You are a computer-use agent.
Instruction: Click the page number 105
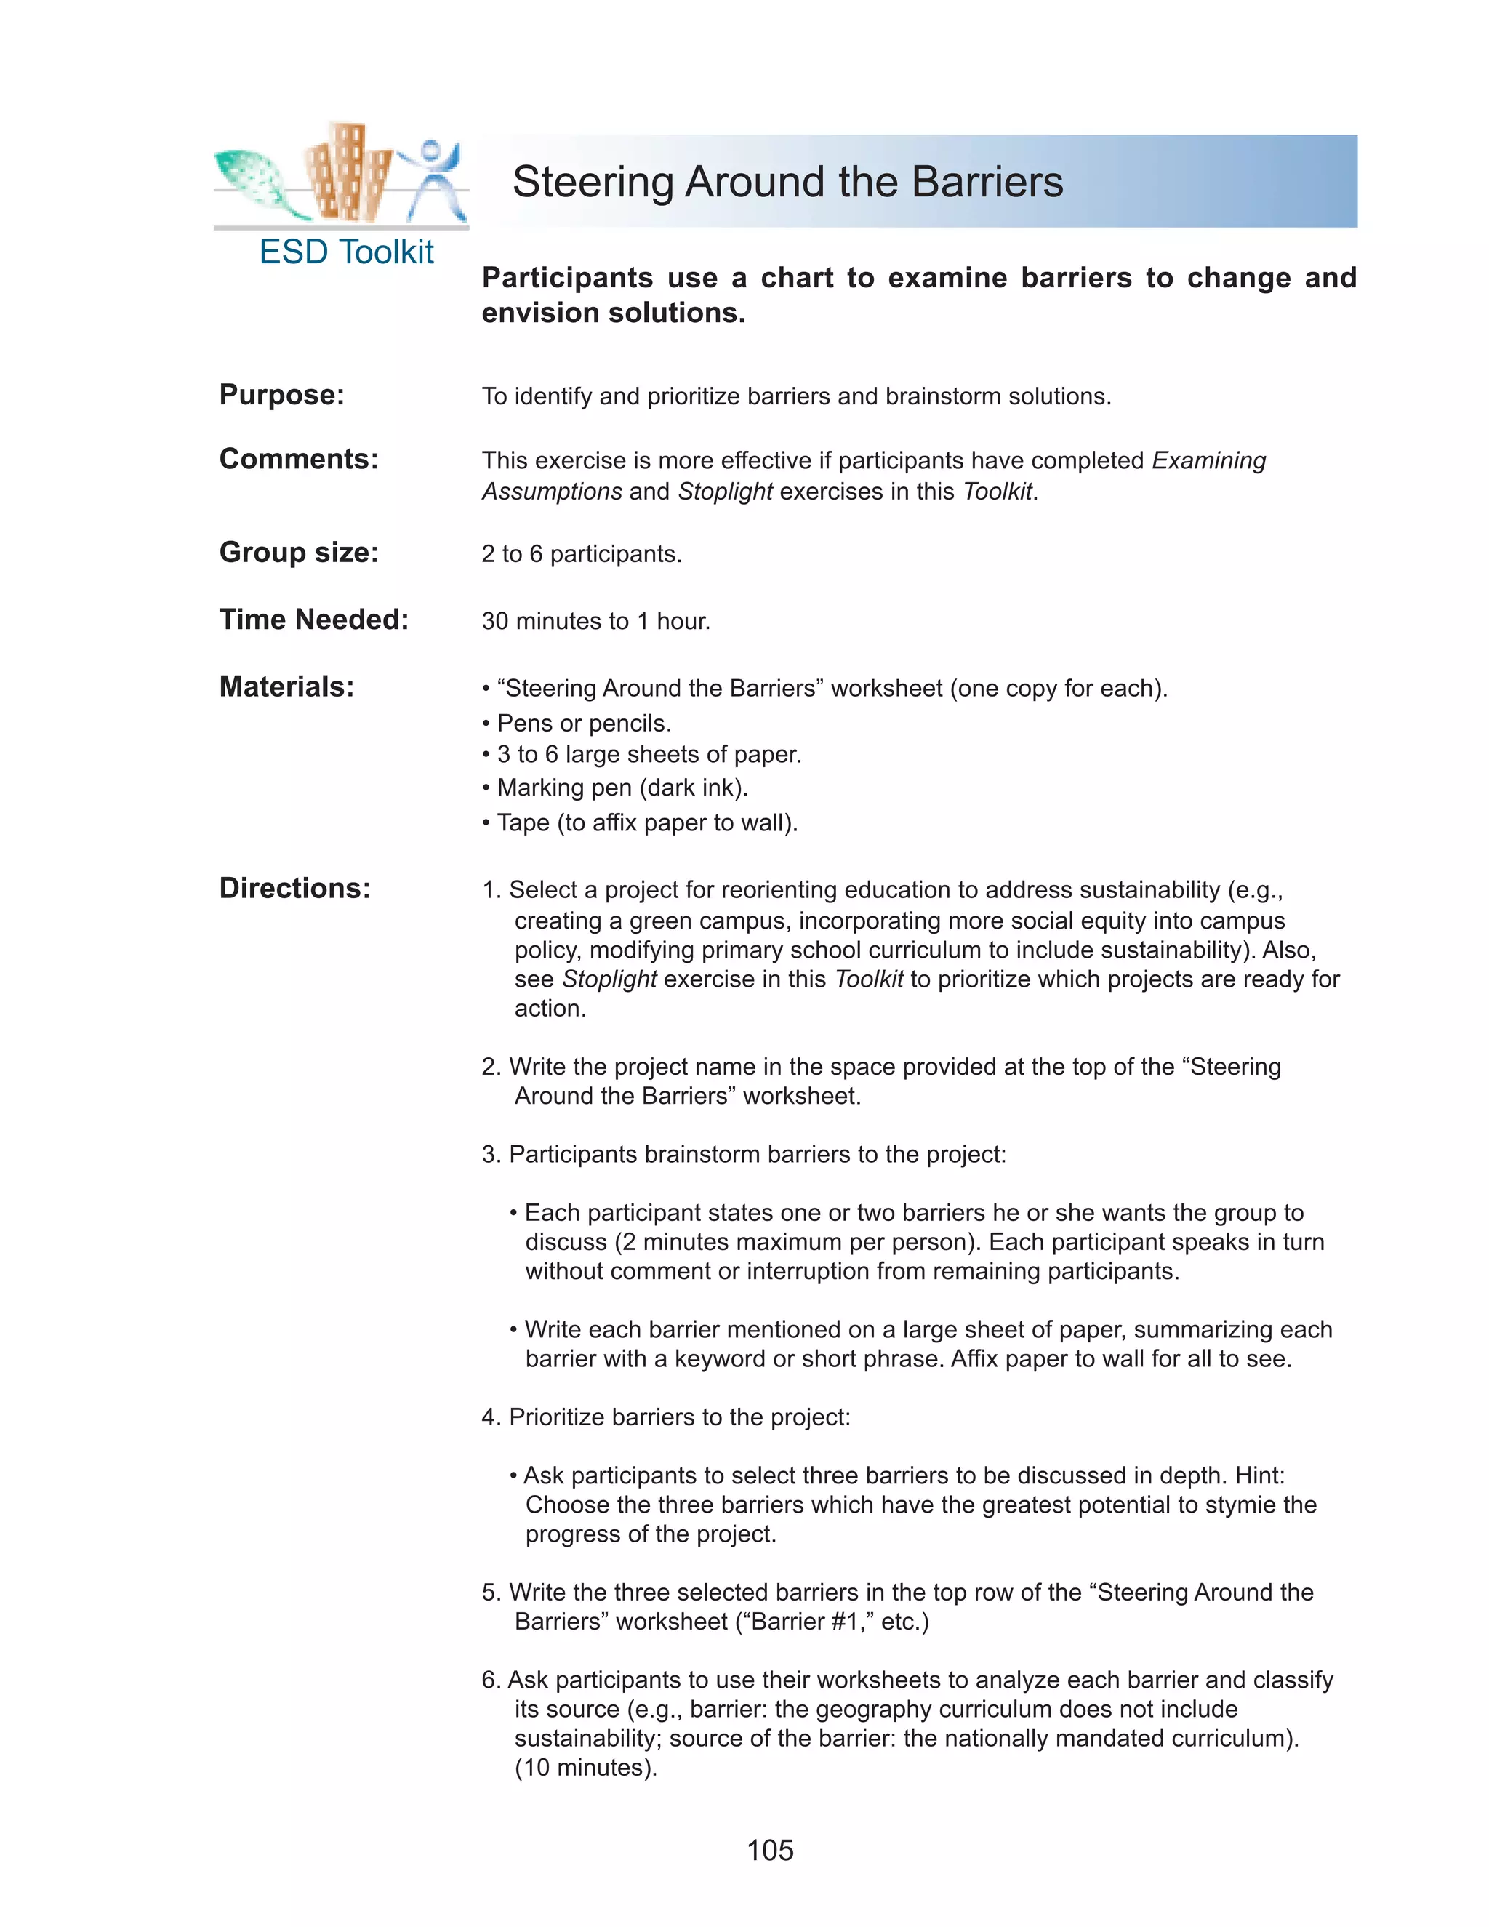point(769,1849)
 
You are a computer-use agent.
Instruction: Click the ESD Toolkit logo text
point(346,252)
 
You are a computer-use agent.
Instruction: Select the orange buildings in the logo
point(348,172)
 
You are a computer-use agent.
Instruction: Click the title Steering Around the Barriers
point(787,182)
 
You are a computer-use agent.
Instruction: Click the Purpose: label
point(281,394)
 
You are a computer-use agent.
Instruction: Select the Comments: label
point(298,459)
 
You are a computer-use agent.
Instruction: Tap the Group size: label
point(298,553)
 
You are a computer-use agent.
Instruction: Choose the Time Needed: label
point(313,620)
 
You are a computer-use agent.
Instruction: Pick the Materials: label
point(286,686)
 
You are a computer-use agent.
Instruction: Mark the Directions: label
point(294,888)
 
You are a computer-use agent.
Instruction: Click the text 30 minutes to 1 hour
point(595,621)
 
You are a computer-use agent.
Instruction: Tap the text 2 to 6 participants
point(582,554)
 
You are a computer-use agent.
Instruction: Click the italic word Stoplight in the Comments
point(724,492)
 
